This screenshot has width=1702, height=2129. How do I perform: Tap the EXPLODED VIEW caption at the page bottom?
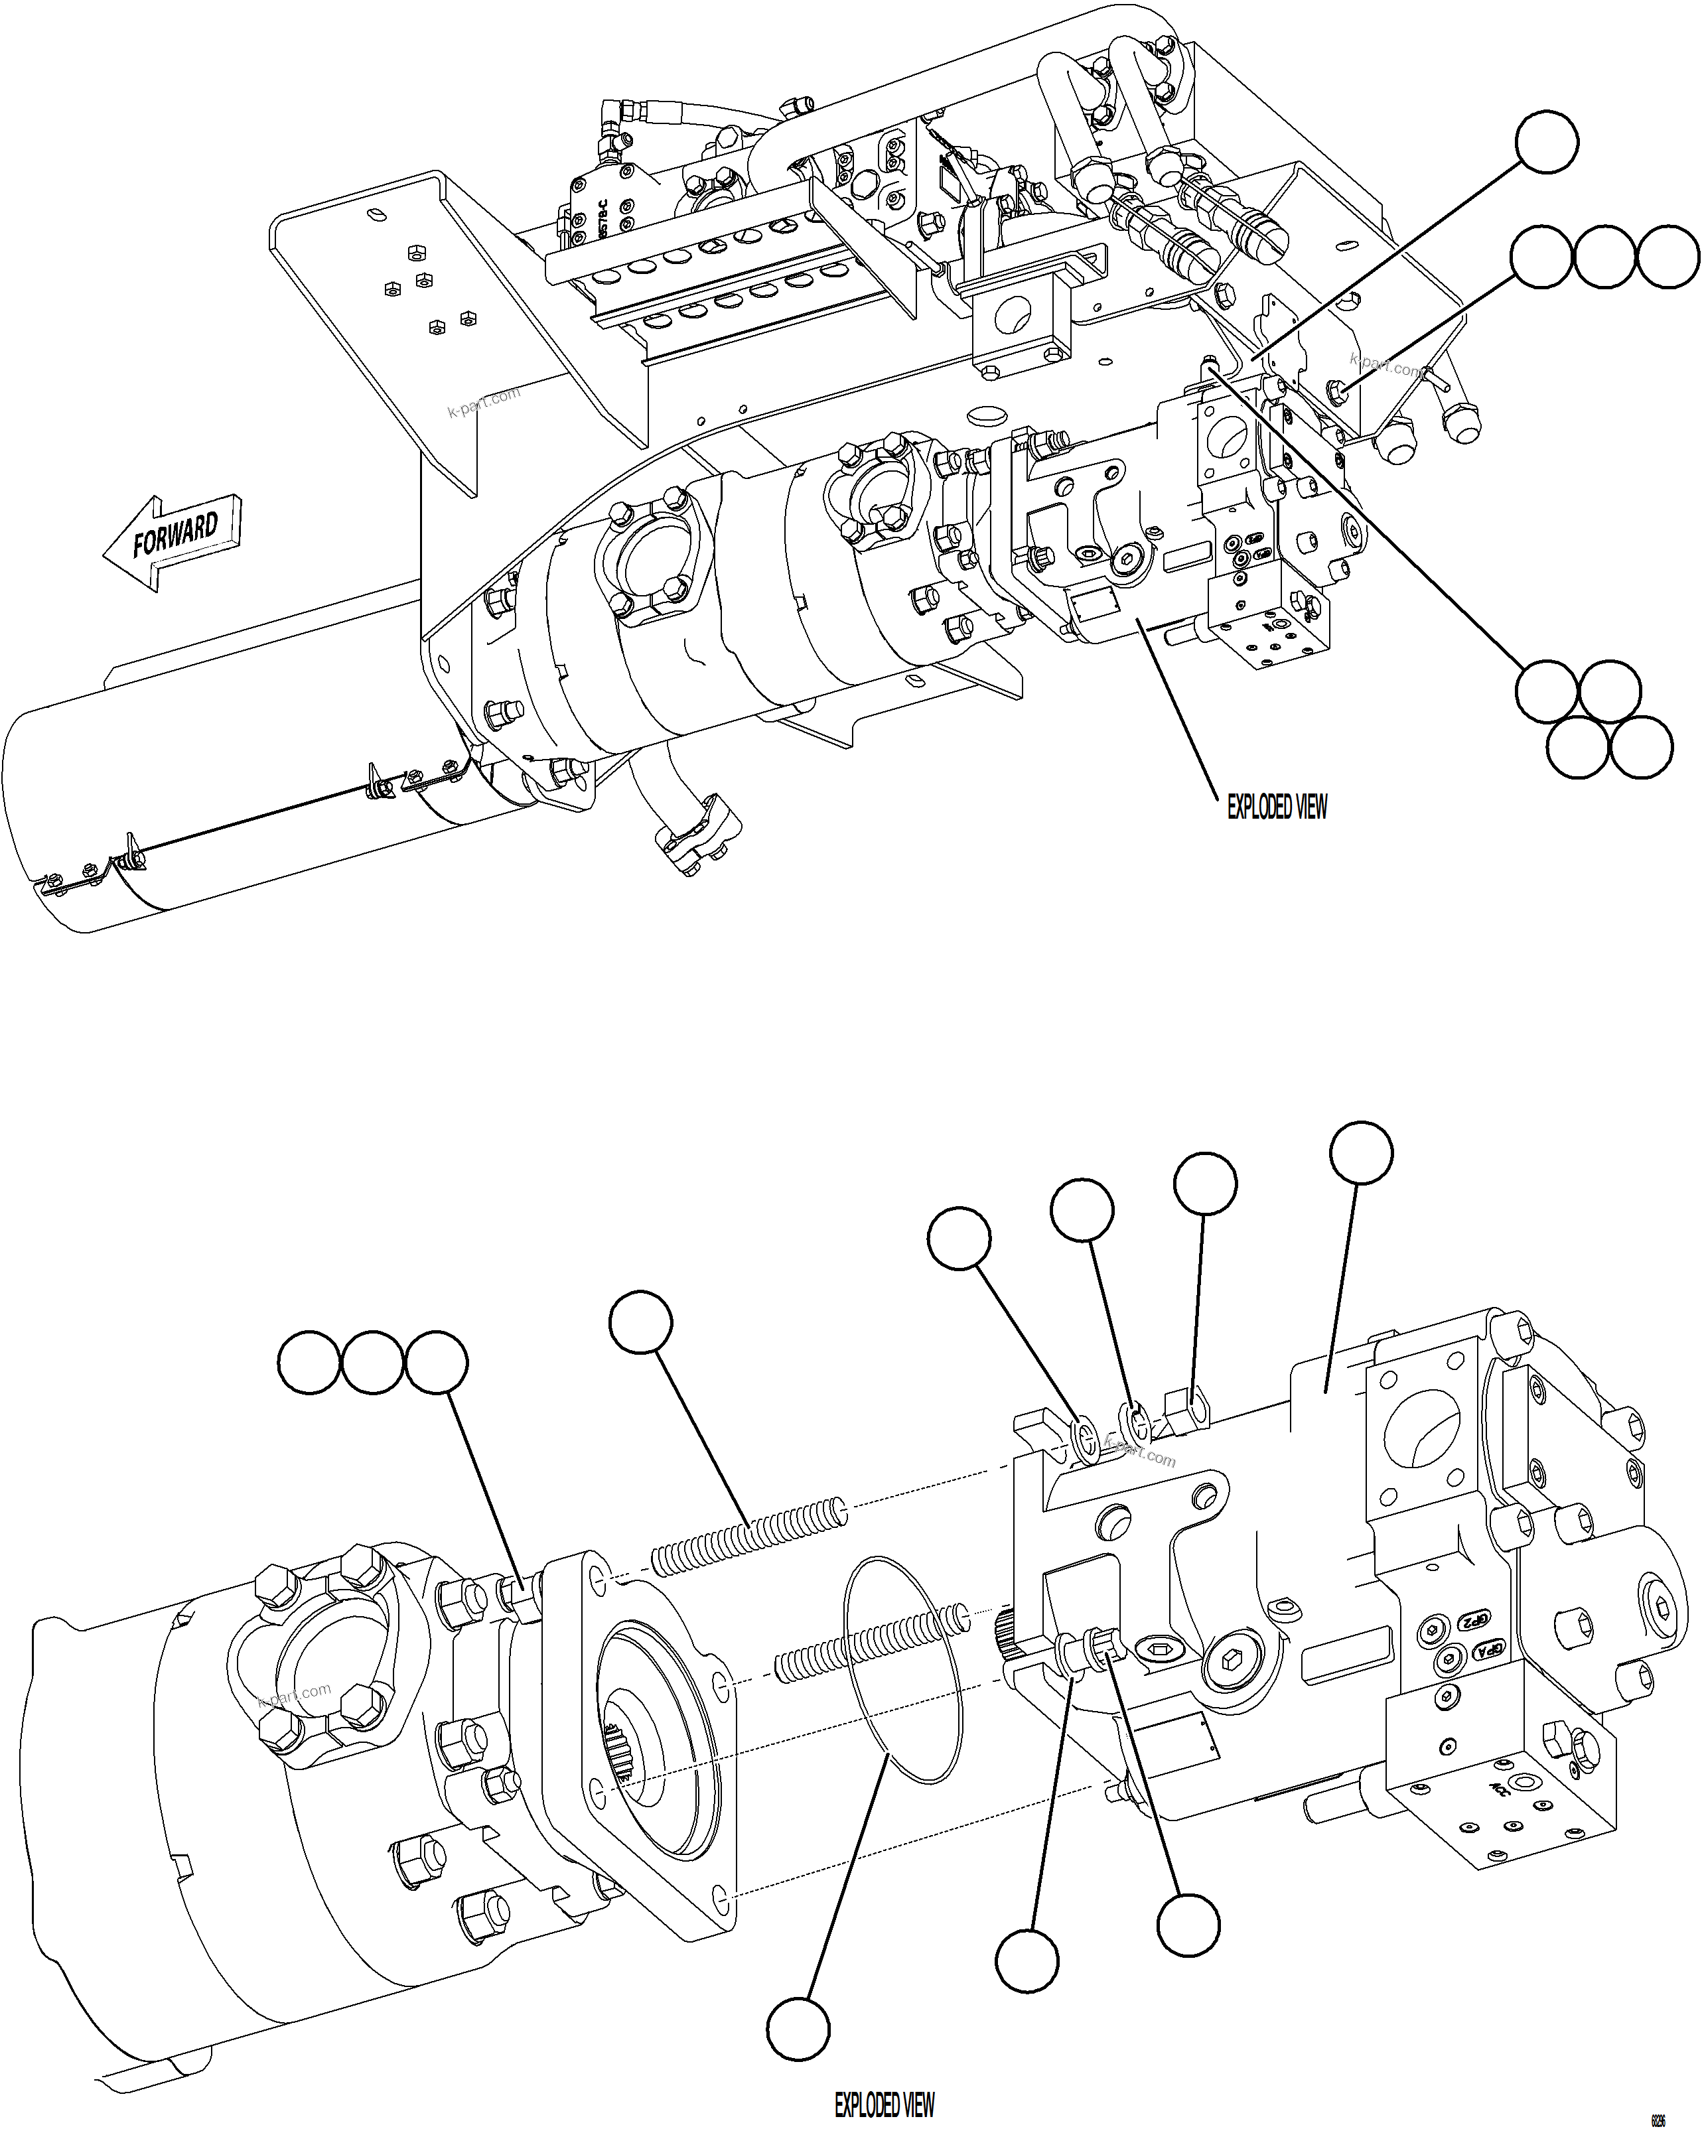884,2105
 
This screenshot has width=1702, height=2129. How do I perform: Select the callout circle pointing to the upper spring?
641,1322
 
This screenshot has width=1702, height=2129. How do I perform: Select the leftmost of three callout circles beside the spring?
310,1363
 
